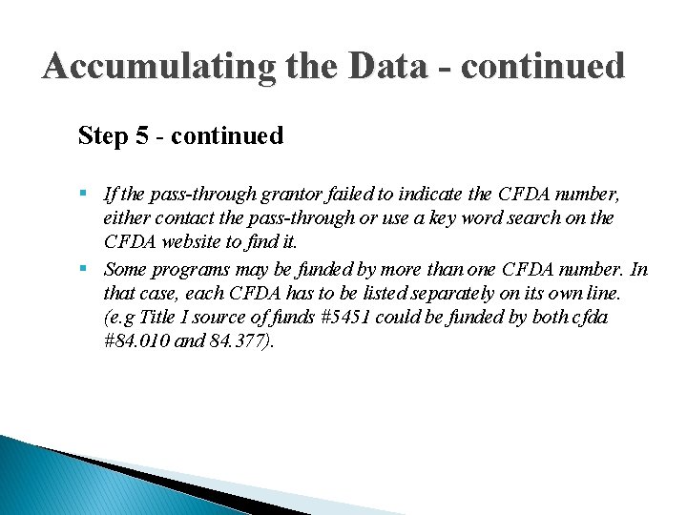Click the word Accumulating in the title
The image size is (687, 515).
pyautogui.click(x=157, y=67)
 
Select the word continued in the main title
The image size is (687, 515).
pyautogui.click(x=547, y=67)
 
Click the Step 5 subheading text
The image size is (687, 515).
pyautogui.click(x=180, y=135)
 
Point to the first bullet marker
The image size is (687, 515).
pyautogui.click(x=86, y=195)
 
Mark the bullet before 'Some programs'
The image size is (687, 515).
pyautogui.click(x=86, y=269)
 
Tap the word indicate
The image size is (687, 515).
pyautogui.click(x=428, y=195)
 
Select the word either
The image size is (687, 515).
pyautogui.click(x=125, y=219)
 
